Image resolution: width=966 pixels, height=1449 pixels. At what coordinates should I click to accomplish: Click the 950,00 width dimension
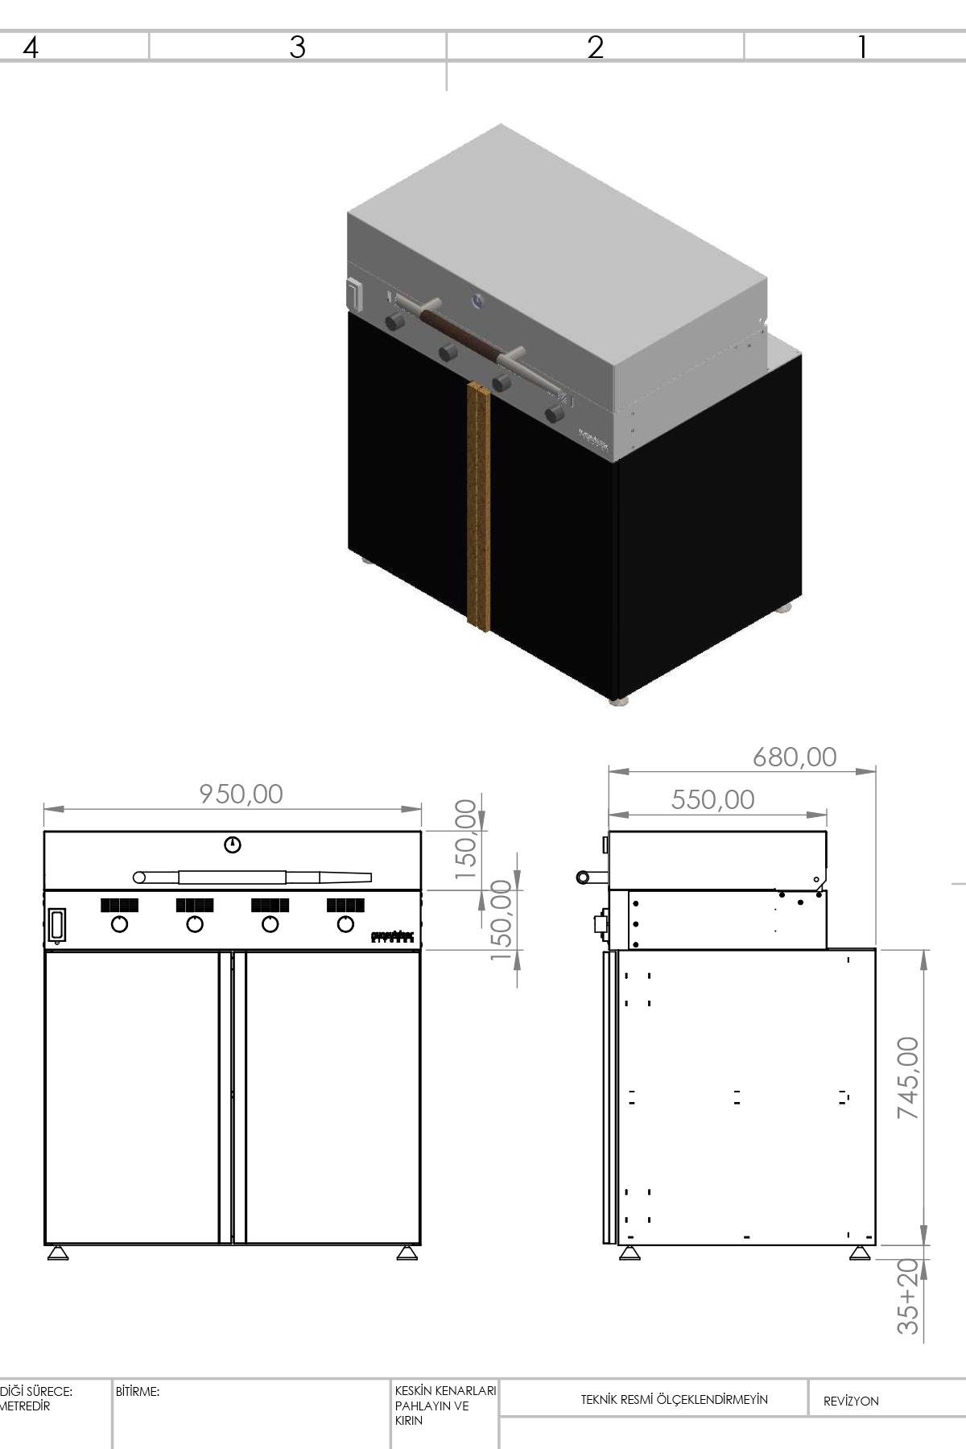click(x=242, y=795)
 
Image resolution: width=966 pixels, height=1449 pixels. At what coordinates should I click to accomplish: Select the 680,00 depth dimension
click(x=795, y=758)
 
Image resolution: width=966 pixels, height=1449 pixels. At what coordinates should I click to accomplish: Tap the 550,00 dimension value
click(x=712, y=800)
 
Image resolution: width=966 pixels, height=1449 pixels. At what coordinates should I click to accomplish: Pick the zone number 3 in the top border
click(x=297, y=47)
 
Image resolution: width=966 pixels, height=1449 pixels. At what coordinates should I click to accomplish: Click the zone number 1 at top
click(x=861, y=47)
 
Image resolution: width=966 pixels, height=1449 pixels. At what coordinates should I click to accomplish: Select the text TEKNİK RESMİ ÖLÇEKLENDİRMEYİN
click(x=674, y=1400)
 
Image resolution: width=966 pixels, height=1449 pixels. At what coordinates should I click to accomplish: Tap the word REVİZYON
click(x=850, y=1402)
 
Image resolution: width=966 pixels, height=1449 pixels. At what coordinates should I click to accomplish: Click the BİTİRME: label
click(x=138, y=1391)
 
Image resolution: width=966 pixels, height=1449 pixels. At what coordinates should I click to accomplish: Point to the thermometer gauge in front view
click(x=233, y=844)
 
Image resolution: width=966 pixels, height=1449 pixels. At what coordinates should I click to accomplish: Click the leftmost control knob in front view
click(x=119, y=924)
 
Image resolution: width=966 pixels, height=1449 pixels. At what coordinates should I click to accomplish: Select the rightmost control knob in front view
click(x=345, y=924)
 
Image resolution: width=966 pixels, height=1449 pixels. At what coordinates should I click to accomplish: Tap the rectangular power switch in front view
click(x=56, y=925)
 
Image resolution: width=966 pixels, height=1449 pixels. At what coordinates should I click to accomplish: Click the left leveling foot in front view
click(x=57, y=1253)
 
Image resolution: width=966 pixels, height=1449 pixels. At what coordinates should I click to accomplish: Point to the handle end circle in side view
click(x=582, y=877)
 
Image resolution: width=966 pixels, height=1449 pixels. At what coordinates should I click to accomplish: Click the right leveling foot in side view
click(x=859, y=1253)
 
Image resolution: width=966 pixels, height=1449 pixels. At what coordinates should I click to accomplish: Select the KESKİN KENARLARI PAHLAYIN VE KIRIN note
click(x=444, y=1406)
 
